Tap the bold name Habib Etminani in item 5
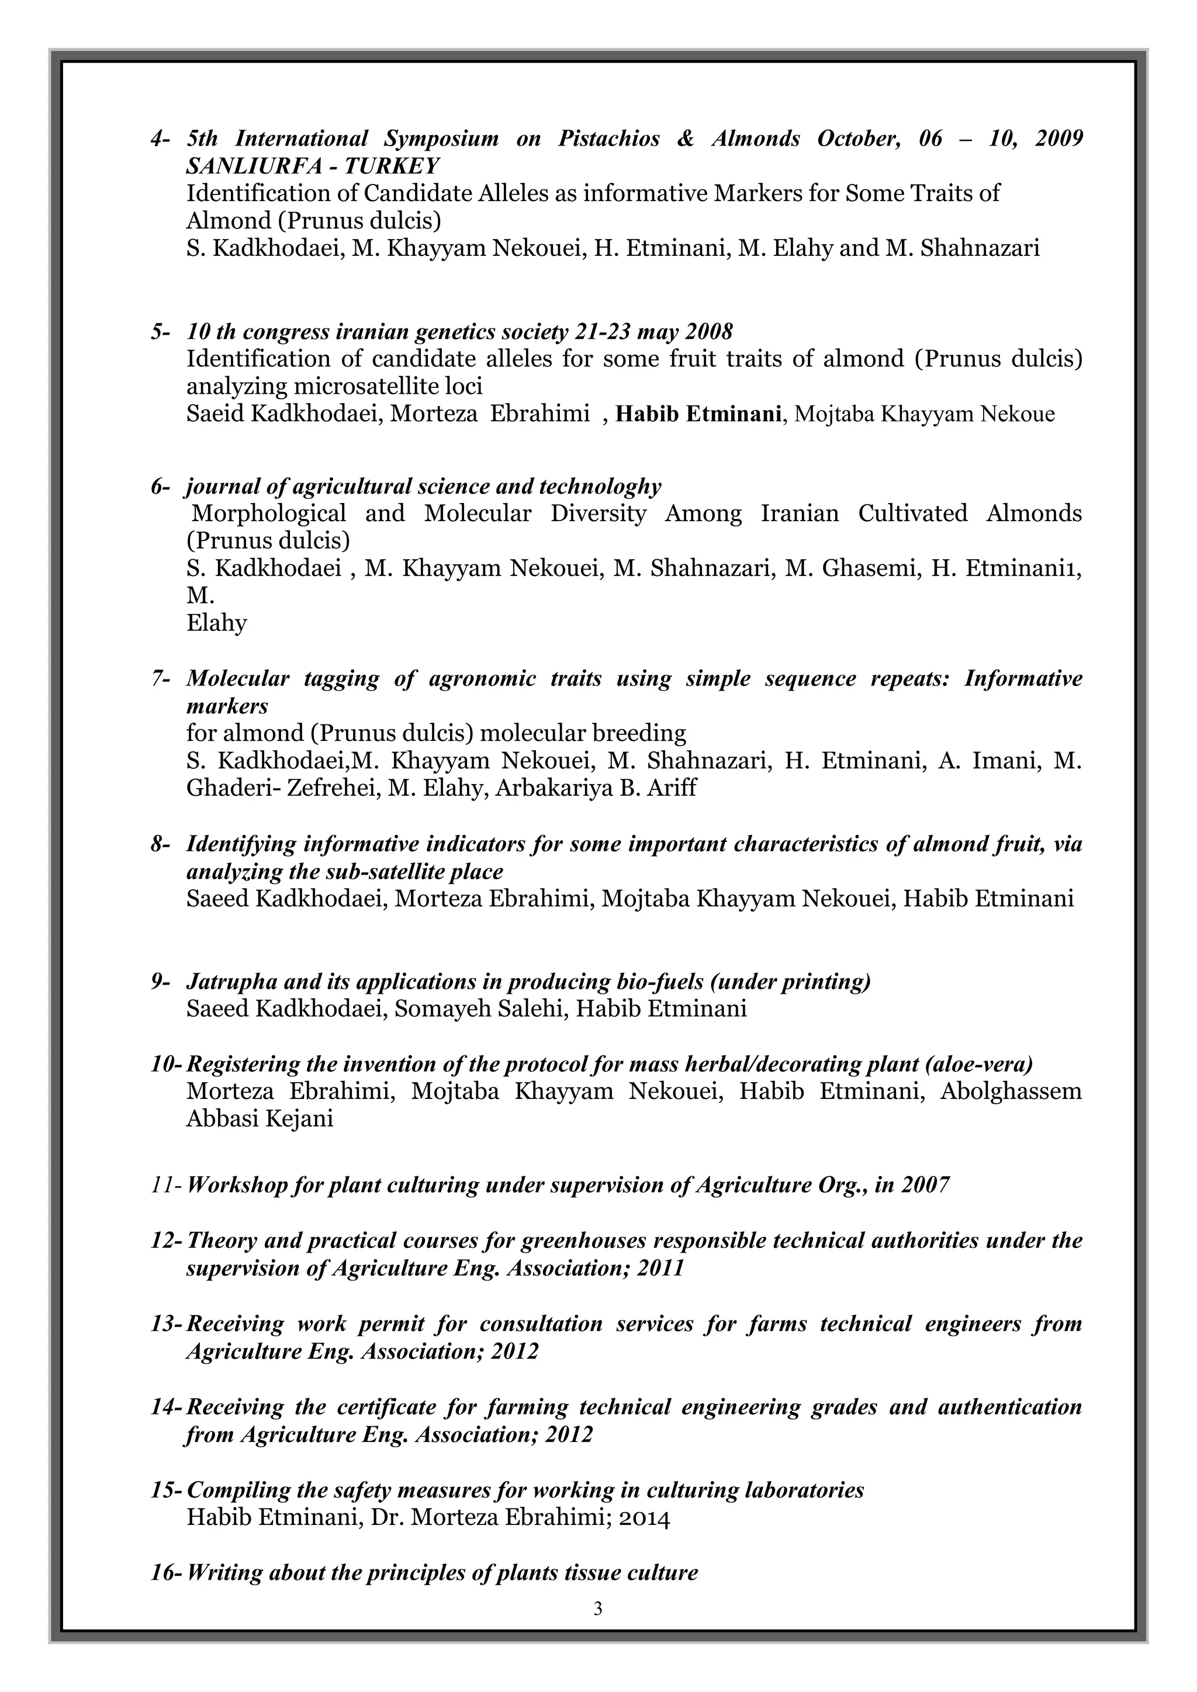click(x=698, y=414)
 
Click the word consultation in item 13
click(x=541, y=1323)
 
